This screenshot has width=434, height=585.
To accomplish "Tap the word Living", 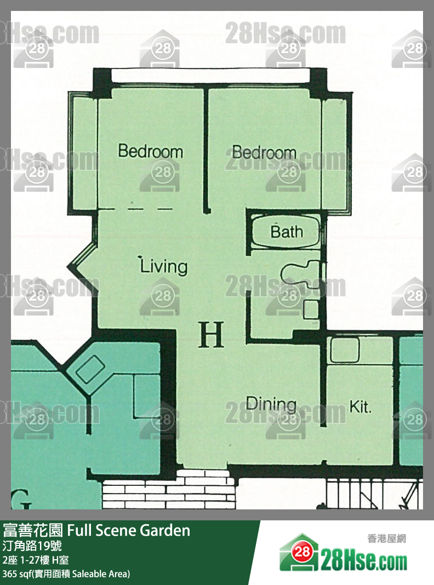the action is pyautogui.click(x=163, y=266).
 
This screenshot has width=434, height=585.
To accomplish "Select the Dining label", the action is pyautogui.click(x=271, y=404).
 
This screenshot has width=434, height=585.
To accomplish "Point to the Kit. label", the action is pyautogui.click(x=361, y=406).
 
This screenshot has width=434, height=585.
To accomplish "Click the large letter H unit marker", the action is pyautogui.click(x=211, y=334).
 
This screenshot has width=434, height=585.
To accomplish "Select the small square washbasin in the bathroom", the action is pyautogui.click(x=311, y=309).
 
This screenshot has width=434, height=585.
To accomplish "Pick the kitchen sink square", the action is pyautogui.click(x=345, y=350).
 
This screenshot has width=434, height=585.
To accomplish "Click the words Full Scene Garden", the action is pyautogui.click(x=128, y=530).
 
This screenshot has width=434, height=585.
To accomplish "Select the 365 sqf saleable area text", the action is pyautogui.click(x=66, y=574).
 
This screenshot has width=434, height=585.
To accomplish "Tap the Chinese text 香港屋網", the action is pyautogui.click(x=386, y=538).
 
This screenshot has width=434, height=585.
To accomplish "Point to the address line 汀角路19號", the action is pyautogui.click(x=32, y=546).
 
